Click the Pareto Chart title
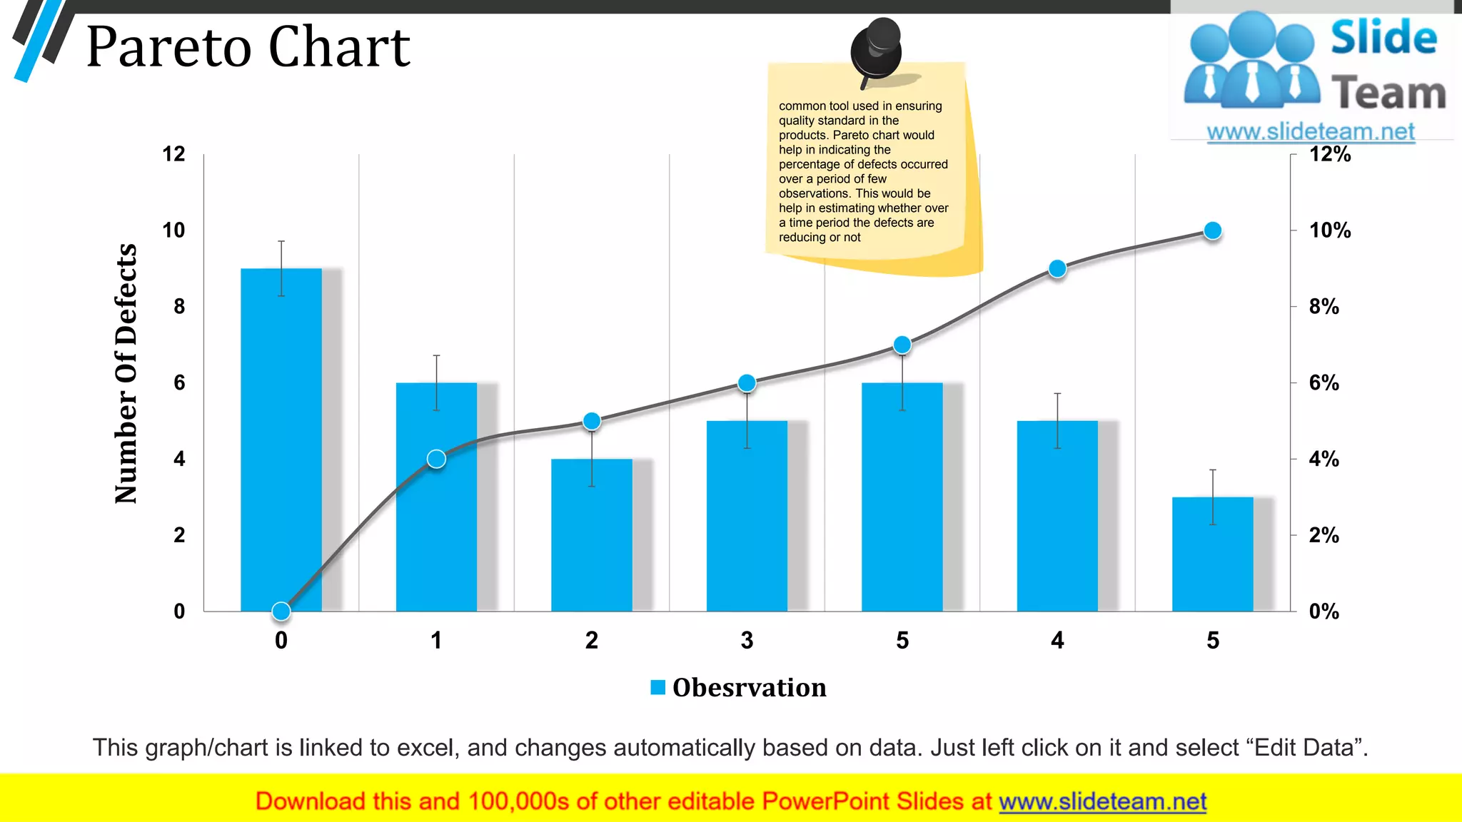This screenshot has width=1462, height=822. pos(248,47)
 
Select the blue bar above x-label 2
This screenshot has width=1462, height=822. pos(591,535)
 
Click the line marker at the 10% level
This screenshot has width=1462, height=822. pos(1212,230)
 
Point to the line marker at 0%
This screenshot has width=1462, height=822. pos(281,611)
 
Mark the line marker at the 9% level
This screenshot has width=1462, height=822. pos(1057,269)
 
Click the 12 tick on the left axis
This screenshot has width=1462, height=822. pos(173,154)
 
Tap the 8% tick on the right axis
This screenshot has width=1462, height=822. pos(1324,307)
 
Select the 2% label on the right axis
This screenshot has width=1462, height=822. pos(1324,535)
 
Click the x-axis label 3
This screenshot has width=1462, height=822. pos(747,640)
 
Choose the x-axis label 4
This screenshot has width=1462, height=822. pos(1057,640)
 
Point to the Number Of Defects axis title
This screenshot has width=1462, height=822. pos(126,373)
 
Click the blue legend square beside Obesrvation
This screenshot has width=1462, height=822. pos(657,687)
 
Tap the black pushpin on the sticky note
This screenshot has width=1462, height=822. pos(877,49)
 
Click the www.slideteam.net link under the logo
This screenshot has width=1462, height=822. pos(1310,131)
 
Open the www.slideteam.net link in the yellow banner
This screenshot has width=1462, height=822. pos(1102,801)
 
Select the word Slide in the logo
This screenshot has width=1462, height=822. pos(1383,38)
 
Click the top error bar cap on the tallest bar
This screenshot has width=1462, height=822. pos(281,241)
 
